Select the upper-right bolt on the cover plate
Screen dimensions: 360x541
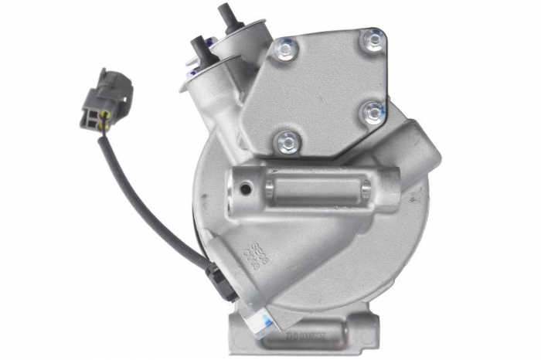(375, 39)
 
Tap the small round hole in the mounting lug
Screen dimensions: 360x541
(245, 188)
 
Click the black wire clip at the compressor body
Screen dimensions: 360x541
(218, 278)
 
